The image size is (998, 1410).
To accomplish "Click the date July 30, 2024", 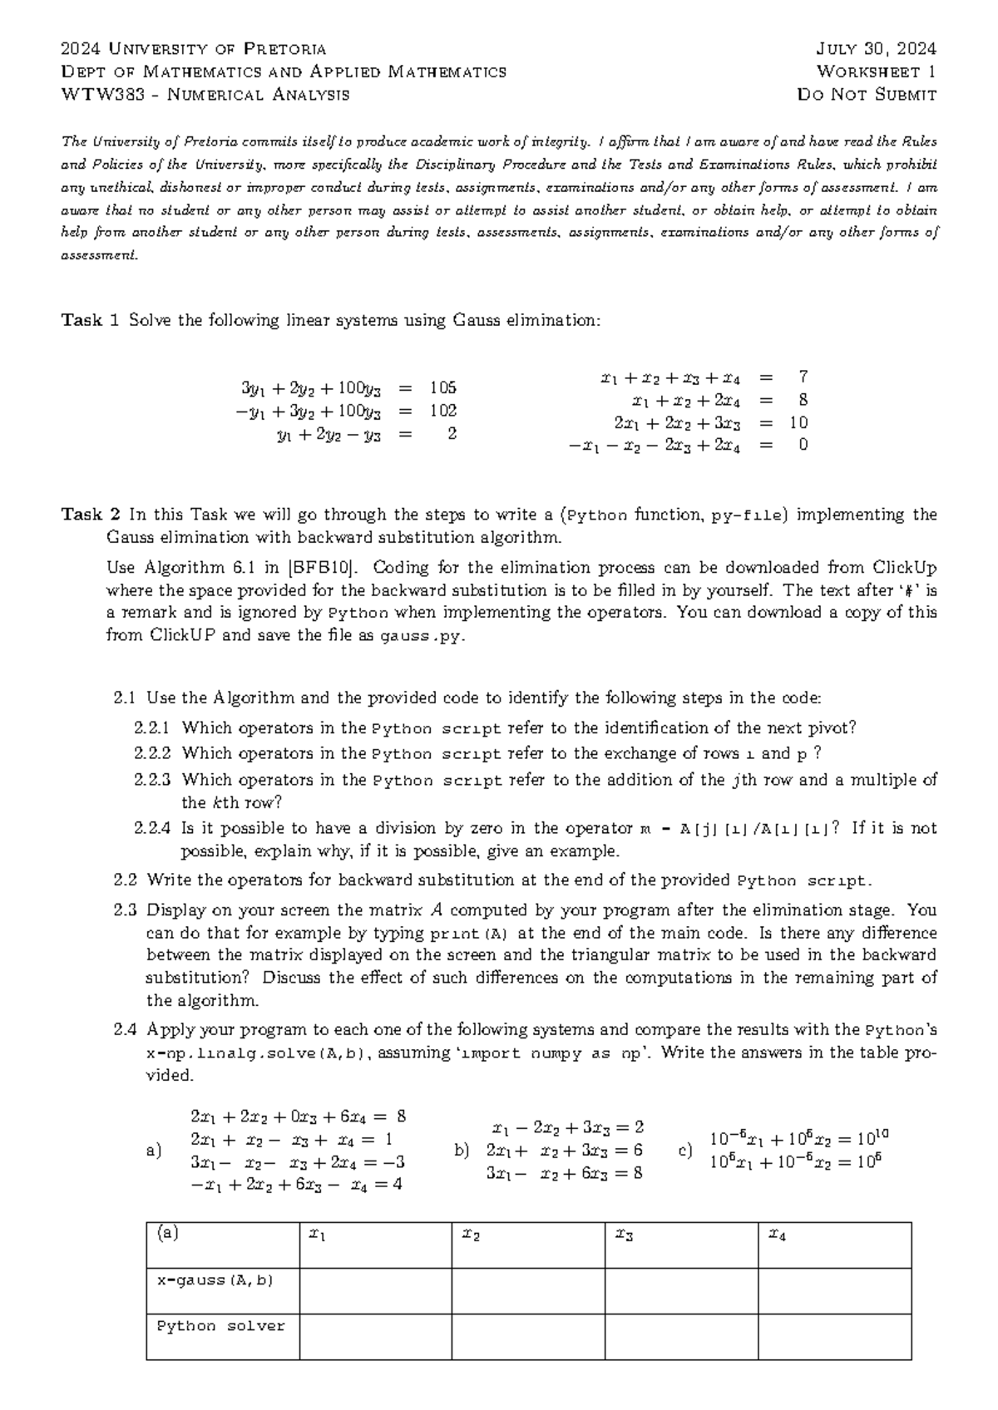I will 877,48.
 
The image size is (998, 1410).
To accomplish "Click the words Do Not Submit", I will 867,95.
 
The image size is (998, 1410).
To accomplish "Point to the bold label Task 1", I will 91,320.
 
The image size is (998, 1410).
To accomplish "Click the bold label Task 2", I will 91,515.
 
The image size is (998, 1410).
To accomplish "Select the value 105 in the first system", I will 442,387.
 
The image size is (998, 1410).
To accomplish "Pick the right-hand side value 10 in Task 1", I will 798,422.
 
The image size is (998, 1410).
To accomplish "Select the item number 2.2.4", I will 151,828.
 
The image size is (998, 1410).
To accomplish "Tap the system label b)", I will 462,1151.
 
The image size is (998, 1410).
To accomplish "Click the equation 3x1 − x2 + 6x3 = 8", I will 564,1174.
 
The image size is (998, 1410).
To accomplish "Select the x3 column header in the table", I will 624,1235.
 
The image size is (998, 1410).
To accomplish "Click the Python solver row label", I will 220,1327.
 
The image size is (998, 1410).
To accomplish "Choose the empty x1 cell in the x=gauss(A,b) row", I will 375,1290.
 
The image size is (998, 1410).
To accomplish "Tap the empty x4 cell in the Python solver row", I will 835,1336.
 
